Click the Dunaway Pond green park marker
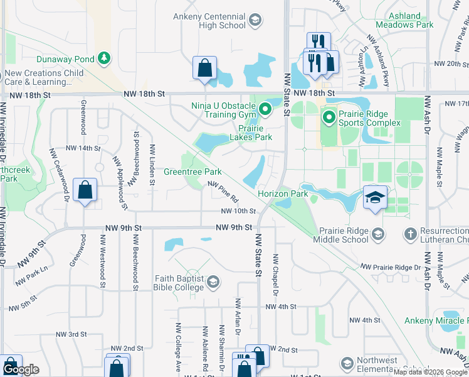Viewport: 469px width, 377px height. [104, 59]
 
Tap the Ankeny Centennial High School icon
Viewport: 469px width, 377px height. [255, 21]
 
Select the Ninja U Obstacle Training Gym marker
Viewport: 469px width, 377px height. [265, 111]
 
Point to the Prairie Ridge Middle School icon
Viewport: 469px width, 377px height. [378, 234]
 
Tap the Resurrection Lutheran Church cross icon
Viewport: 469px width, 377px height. [411, 234]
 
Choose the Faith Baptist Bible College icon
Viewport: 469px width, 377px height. [213, 281]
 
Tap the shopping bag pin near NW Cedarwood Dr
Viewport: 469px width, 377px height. [85, 189]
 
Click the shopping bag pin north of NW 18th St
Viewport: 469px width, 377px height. [205, 67]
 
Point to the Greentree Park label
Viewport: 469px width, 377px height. [192, 172]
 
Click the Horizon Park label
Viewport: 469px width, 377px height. [283, 194]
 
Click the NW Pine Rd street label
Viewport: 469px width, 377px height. [224, 192]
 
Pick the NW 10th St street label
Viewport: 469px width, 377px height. [238, 211]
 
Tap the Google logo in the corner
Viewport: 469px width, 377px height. [21, 369]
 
